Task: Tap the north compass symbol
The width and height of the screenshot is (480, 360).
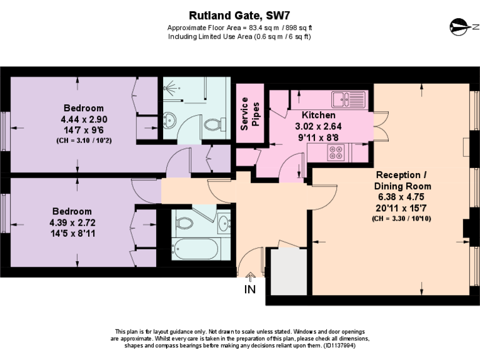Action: tap(459, 27)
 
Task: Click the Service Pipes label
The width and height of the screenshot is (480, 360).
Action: tap(249, 114)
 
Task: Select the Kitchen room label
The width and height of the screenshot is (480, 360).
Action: tap(318, 116)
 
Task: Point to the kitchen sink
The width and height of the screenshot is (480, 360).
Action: tap(347, 99)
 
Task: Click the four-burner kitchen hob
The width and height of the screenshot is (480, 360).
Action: tap(336, 152)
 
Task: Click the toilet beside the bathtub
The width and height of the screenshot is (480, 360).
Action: tap(185, 221)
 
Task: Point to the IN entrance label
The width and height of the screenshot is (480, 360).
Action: tap(250, 289)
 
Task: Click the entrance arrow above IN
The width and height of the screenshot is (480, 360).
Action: tap(251, 275)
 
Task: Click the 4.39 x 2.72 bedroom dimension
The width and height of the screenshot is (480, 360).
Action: tap(72, 222)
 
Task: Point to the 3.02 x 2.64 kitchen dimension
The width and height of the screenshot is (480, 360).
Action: tap(319, 126)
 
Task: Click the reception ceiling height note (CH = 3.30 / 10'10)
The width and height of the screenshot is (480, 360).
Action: tap(402, 219)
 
